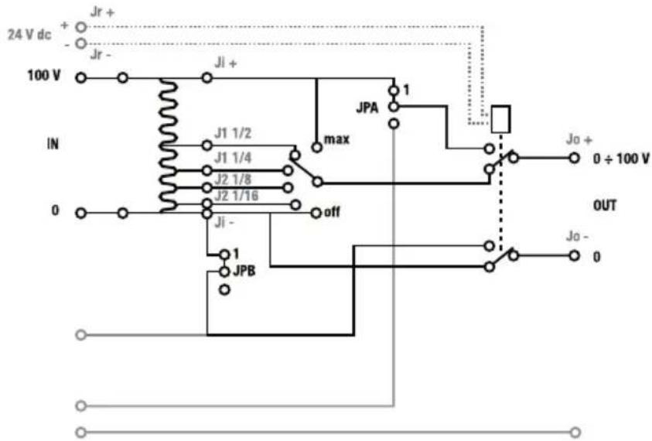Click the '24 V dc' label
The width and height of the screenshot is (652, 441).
click(x=29, y=35)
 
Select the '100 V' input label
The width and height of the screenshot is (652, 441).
click(x=44, y=75)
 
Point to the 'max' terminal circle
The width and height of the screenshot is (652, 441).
click(x=317, y=147)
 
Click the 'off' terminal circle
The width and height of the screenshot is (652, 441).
click(x=316, y=213)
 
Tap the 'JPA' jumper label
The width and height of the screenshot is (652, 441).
click(x=367, y=108)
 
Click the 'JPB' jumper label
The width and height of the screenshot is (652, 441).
click(x=244, y=271)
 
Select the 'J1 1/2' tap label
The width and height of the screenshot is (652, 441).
click(x=233, y=133)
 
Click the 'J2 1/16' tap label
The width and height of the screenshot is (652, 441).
click(x=236, y=195)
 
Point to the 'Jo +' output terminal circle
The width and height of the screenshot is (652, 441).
click(x=574, y=158)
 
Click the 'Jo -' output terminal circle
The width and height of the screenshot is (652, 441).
click(x=574, y=255)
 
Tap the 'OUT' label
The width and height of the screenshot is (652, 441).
click(x=605, y=206)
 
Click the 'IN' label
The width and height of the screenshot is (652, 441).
click(x=53, y=144)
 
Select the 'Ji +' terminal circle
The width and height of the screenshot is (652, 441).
click(x=207, y=78)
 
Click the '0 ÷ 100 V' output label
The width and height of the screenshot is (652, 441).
click(x=621, y=159)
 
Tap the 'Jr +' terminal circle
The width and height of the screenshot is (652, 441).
click(x=81, y=27)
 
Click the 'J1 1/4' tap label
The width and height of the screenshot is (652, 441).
click(x=233, y=158)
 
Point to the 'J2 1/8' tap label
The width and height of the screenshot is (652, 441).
click(x=233, y=179)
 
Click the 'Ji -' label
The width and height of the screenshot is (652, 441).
click(x=224, y=223)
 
